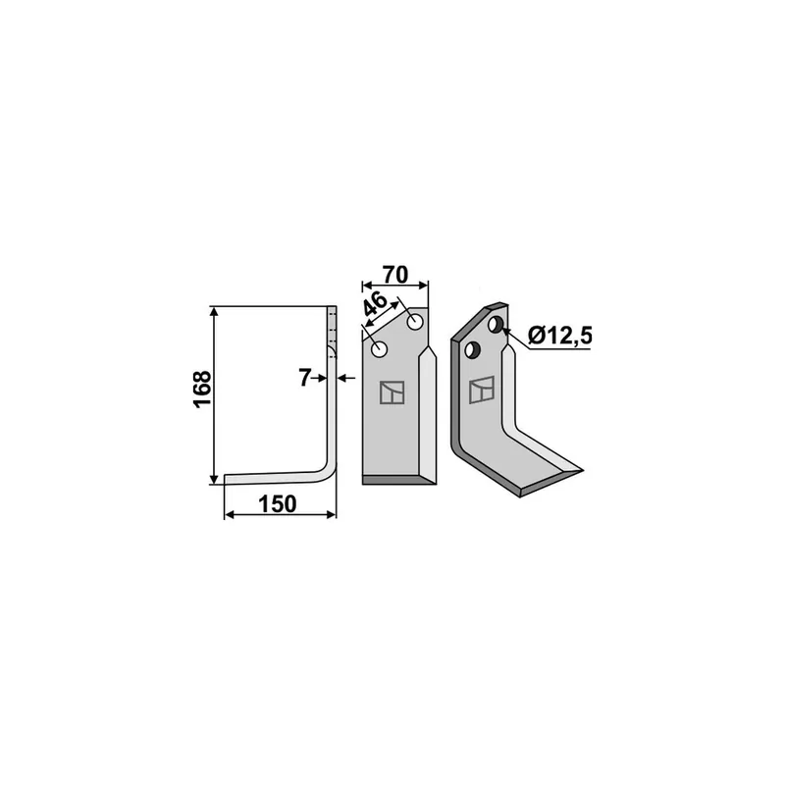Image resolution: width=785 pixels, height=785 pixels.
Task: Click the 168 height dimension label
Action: (203, 390)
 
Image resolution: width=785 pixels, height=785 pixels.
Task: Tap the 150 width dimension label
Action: (277, 504)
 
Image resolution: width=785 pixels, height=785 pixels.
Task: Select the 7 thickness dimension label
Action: (304, 378)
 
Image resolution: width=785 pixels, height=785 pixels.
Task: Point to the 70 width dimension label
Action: (395, 275)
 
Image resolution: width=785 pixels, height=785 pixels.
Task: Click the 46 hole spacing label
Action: (375, 304)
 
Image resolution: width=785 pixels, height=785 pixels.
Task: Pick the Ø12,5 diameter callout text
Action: (559, 335)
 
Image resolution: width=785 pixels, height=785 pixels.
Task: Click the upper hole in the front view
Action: (415, 322)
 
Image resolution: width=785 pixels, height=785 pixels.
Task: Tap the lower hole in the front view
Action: (380, 349)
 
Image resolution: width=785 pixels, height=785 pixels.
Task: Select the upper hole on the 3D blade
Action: (495, 325)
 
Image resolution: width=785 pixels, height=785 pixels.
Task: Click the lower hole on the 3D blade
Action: (472, 349)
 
